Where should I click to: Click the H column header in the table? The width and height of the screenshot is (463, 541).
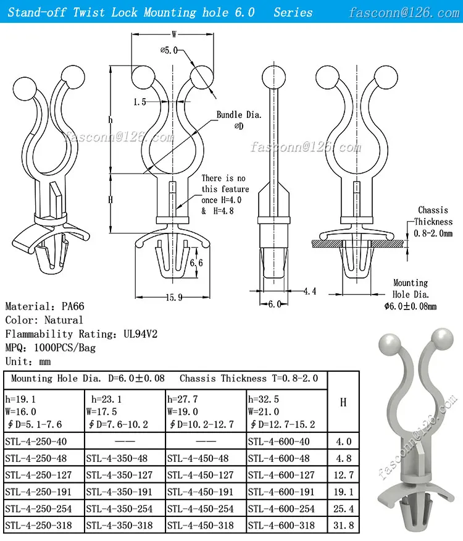[343, 402]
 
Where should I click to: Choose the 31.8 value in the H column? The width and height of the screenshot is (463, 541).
[343, 526]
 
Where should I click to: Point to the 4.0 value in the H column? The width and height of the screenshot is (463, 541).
[343, 441]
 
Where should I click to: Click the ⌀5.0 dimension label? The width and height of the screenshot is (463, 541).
[169, 50]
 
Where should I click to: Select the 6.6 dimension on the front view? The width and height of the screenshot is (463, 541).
[196, 263]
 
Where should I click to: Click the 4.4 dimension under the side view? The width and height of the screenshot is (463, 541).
[309, 290]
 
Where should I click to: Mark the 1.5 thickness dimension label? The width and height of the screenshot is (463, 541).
[139, 101]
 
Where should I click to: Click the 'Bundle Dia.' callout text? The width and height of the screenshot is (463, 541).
[239, 115]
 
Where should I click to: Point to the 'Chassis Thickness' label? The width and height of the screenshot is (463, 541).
[433, 216]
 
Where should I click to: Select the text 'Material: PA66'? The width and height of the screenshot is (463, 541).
[46, 306]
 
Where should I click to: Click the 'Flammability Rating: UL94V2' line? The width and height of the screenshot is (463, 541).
[81, 334]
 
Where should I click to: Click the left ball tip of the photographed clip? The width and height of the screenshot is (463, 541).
[388, 342]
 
